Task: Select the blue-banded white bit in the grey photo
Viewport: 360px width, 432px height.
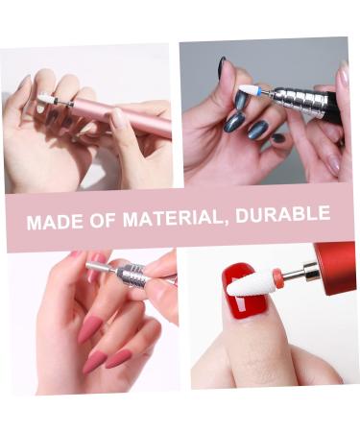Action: pos(252,89)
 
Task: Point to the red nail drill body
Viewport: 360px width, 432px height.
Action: pos(332,268)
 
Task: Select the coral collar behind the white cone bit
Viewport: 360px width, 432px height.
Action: pos(277,278)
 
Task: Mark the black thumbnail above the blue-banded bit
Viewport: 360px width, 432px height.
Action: pos(222,67)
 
